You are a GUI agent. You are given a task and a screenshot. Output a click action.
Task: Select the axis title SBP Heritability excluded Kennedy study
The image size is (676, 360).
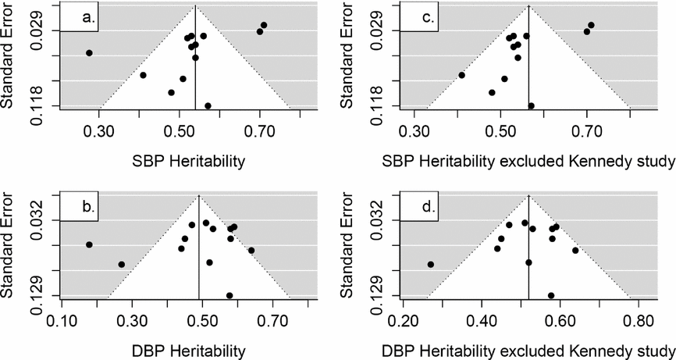tap(528, 162)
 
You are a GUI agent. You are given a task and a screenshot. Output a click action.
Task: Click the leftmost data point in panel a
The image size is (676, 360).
tap(89, 53)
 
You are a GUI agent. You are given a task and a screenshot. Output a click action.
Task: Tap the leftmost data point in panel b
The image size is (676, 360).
tap(89, 244)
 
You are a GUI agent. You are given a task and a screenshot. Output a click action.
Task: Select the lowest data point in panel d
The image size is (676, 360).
tap(551, 295)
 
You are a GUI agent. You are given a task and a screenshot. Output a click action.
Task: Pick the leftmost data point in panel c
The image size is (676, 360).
tap(461, 75)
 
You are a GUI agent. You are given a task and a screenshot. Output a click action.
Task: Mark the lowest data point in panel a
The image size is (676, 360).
tap(208, 105)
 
